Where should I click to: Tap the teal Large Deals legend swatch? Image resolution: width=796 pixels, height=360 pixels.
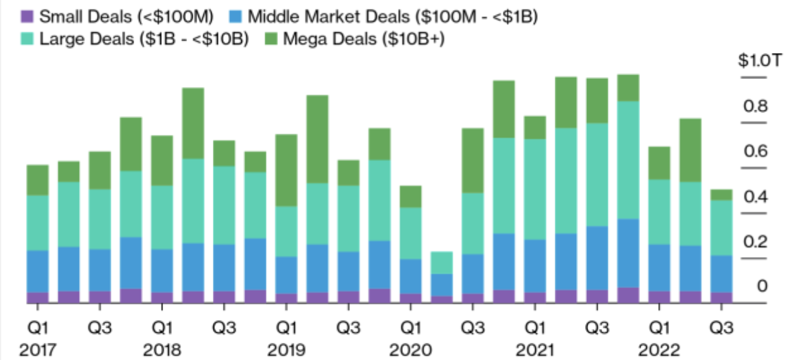[27, 39]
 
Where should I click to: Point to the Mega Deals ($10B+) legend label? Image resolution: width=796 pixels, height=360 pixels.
[364, 39]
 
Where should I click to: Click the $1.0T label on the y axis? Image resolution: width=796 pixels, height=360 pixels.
[755, 61]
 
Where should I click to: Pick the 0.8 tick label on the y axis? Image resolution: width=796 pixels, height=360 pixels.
[756, 106]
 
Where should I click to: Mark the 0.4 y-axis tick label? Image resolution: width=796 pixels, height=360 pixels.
[756, 197]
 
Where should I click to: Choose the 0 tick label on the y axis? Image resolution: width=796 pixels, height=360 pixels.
[761, 287]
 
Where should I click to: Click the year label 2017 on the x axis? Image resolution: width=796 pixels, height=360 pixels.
[37, 349]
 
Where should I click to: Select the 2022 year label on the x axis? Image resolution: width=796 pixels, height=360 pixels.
[660, 349]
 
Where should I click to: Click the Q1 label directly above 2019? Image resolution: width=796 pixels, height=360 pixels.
[286, 328]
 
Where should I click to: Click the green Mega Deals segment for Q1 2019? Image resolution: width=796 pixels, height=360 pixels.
[286, 170]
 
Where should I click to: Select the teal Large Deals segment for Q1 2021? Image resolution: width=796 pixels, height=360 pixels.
[534, 189]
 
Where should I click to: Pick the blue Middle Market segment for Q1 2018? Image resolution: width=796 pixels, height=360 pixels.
[162, 270]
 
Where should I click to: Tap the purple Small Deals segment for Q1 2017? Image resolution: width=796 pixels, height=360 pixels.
[37, 297]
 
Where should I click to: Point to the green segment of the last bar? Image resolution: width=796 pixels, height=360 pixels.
[721, 195]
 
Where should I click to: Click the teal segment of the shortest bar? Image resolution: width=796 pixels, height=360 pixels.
[442, 263]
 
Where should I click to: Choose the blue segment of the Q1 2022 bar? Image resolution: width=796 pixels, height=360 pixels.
[659, 268]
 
